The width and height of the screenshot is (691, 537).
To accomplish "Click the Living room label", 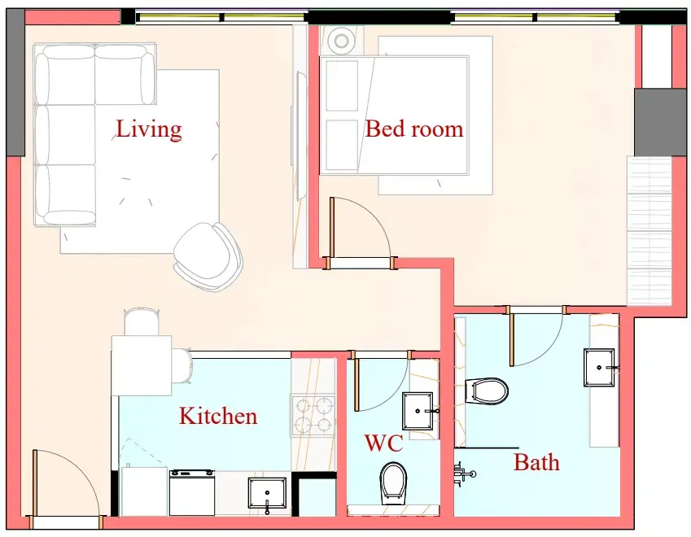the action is [148, 129].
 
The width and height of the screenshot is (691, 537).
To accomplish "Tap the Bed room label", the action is [414, 129].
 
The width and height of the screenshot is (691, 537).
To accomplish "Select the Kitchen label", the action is [218, 416].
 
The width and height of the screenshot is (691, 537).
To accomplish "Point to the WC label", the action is [383, 443].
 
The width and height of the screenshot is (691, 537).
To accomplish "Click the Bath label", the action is [536, 462].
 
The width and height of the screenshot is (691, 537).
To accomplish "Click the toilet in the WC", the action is [393, 483].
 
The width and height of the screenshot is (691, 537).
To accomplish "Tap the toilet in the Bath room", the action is [487, 391].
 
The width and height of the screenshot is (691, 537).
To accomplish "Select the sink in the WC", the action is [418, 411].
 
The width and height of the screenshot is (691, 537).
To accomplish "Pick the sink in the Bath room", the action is [599, 368].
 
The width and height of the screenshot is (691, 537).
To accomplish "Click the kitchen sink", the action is [267, 493].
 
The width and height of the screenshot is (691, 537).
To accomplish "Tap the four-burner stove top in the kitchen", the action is [313, 415].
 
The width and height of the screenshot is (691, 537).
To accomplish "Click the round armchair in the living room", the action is [208, 255].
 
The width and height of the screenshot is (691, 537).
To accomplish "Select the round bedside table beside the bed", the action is [341, 41].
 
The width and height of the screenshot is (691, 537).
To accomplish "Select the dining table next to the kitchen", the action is [142, 365].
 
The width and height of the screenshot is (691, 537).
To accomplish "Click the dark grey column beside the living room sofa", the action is [15, 82].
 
